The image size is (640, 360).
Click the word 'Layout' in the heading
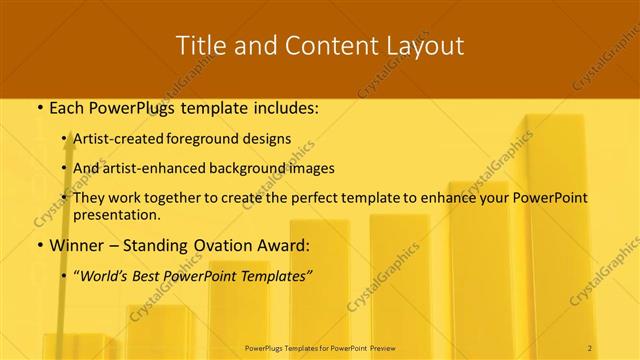428,45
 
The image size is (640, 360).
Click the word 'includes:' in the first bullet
285,107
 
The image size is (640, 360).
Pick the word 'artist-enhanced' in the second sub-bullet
156,168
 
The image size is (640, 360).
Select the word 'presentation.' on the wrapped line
117,214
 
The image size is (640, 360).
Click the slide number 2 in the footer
590,347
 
